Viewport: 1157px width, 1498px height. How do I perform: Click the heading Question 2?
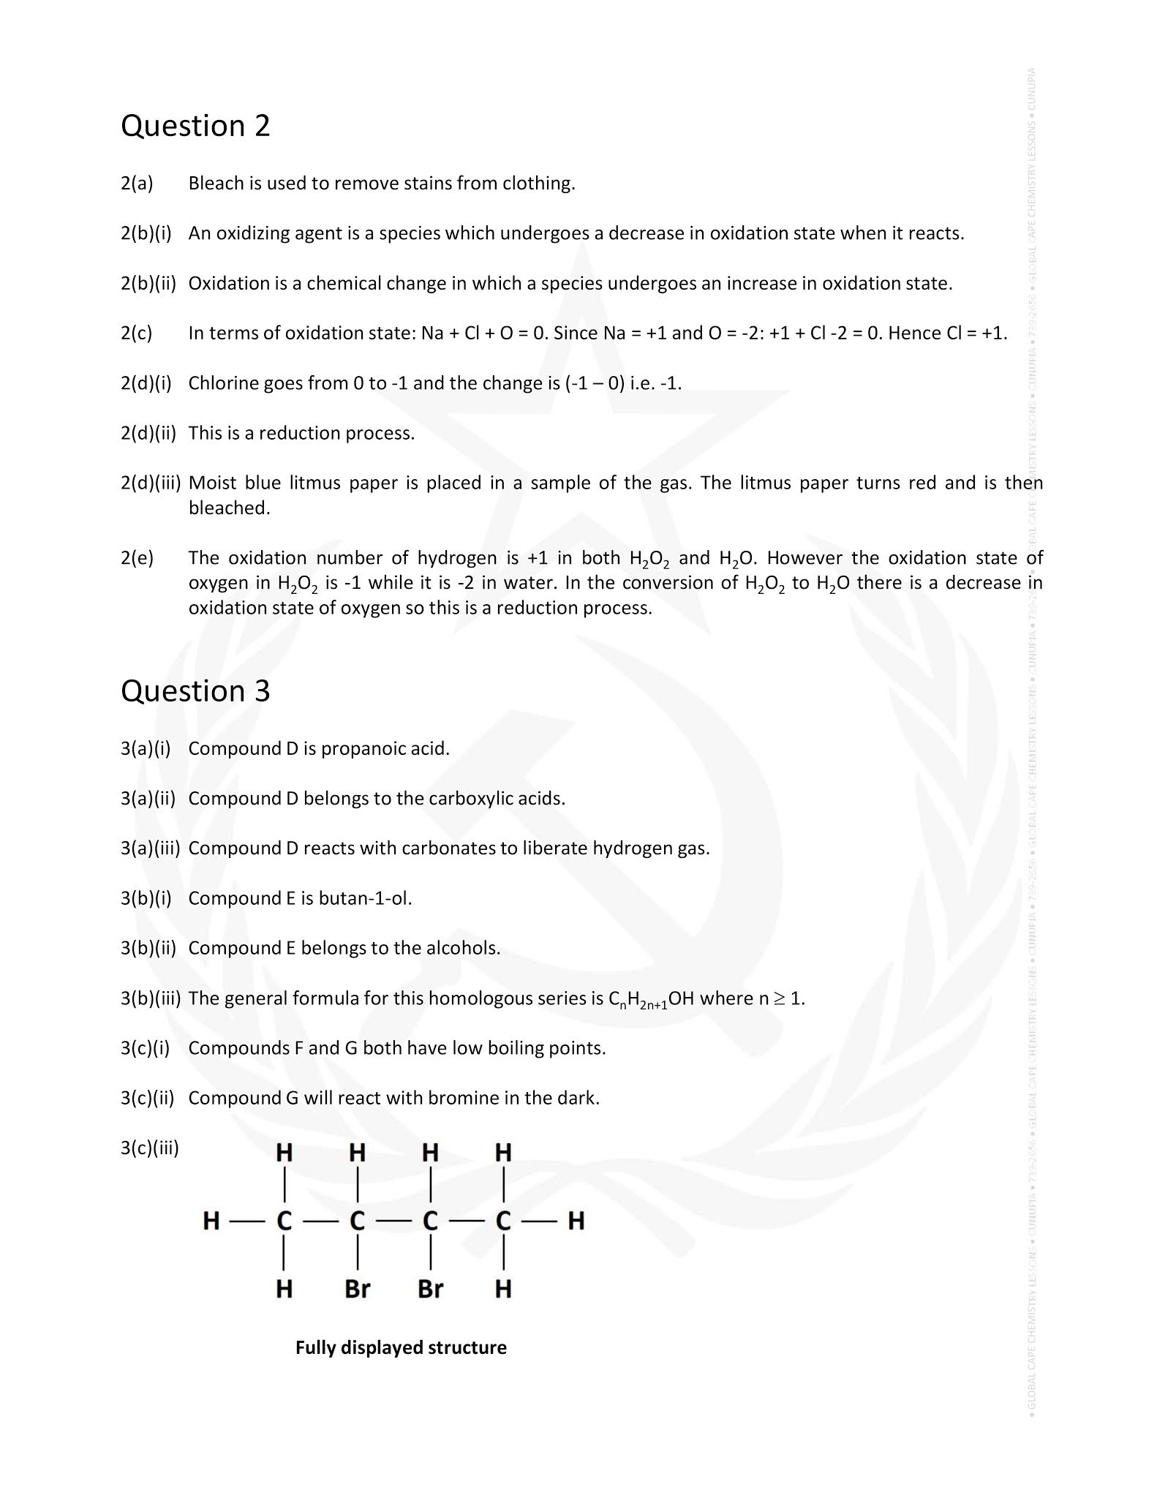[x=195, y=126]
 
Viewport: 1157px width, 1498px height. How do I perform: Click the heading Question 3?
[x=195, y=691]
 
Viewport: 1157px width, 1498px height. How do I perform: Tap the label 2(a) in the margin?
[x=137, y=184]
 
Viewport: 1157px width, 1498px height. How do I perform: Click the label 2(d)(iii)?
[x=150, y=483]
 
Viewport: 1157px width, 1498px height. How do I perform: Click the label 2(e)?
[x=137, y=558]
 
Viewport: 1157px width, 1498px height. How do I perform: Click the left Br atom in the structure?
[x=357, y=1288]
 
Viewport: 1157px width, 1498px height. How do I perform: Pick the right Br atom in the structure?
[x=430, y=1288]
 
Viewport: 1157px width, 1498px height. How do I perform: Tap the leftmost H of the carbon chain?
[x=211, y=1220]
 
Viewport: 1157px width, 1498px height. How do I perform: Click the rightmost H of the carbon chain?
[x=576, y=1220]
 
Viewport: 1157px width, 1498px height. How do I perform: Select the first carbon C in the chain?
[x=284, y=1220]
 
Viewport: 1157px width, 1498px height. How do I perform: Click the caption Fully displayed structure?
[x=401, y=1347]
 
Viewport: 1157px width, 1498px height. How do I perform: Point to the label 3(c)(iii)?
[x=149, y=1148]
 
